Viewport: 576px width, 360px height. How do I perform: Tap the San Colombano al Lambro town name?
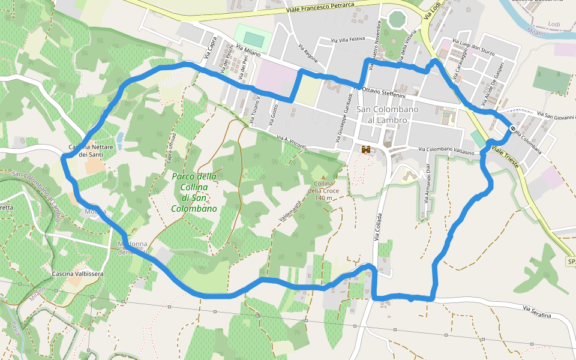[382, 115]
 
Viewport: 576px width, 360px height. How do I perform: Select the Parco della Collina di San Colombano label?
[194, 193]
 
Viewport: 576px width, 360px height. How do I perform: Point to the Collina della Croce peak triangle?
[325, 177]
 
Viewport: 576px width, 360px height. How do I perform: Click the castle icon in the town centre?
[365, 149]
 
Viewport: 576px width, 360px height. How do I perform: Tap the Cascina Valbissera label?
[78, 274]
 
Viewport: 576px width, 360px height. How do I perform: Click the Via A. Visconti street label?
[292, 142]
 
